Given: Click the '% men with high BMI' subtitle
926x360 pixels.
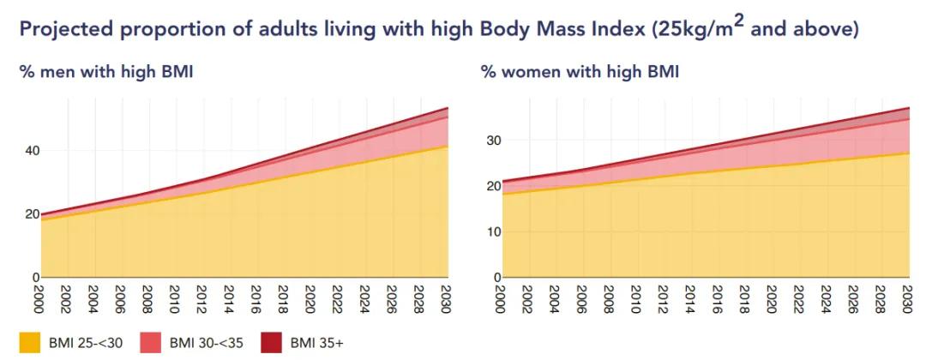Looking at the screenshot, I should pos(106,72).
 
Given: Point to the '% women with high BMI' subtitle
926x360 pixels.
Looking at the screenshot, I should pos(580,72).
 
